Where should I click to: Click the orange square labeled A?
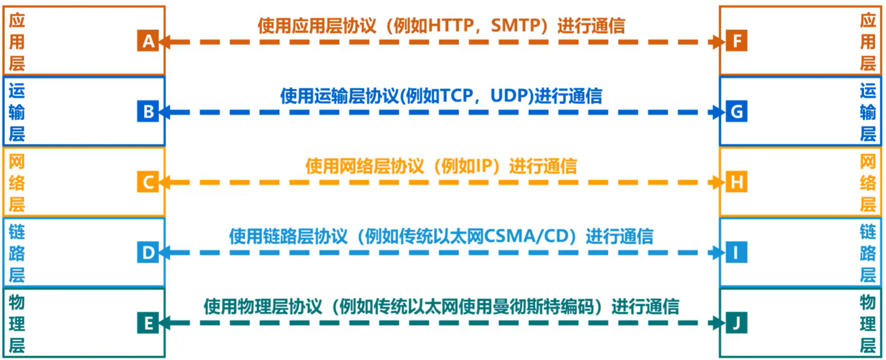tap(148, 41)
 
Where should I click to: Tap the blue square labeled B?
tap(148, 112)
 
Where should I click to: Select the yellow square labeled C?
tap(148, 182)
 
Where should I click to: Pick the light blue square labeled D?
tap(148, 252)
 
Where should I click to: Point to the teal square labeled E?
tap(148, 323)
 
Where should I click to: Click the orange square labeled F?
tap(737, 41)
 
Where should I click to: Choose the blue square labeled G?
tap(737, 112)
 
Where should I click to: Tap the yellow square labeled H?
tap(737, 182)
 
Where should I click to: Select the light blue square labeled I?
tap(737, 252)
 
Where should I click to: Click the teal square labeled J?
tap(737, 323)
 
